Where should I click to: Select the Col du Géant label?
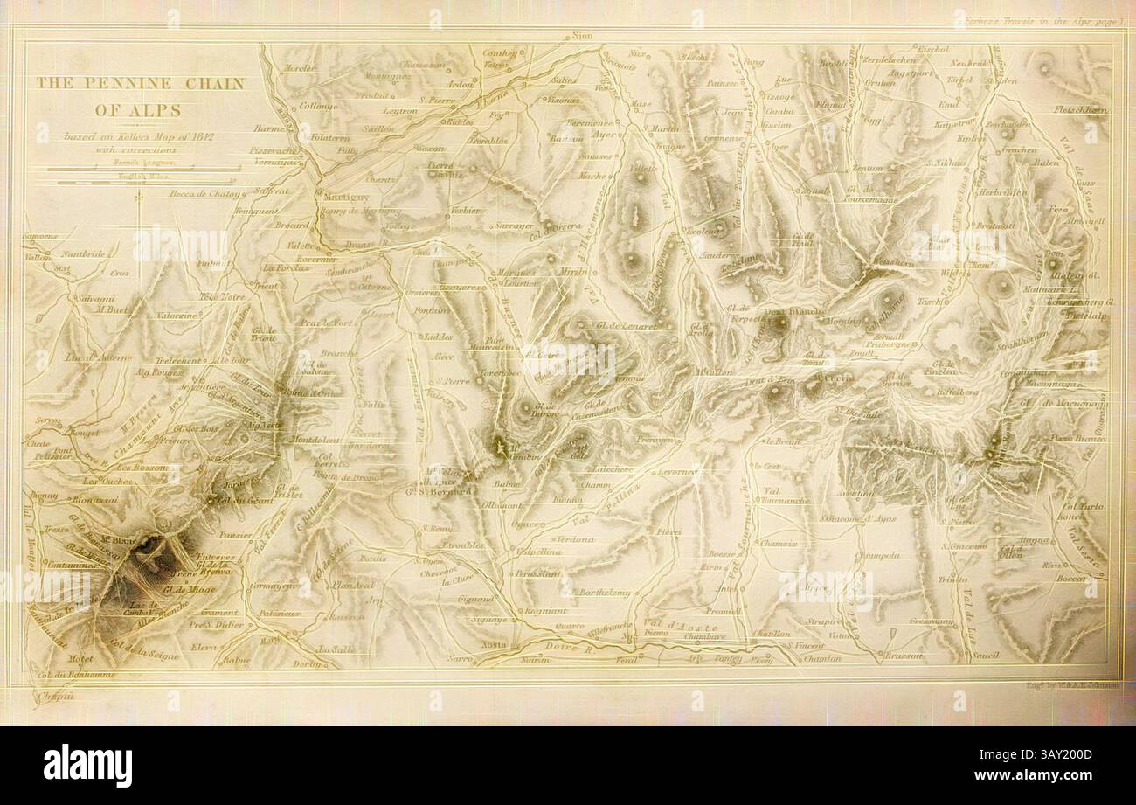point(238,501)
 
